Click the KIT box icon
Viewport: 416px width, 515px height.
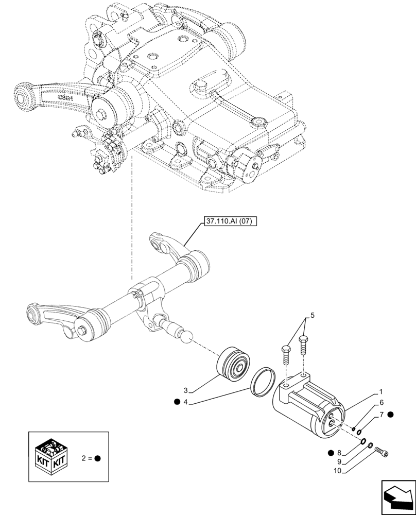pos(52,456)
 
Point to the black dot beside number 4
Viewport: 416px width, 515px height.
pos(177,402)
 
